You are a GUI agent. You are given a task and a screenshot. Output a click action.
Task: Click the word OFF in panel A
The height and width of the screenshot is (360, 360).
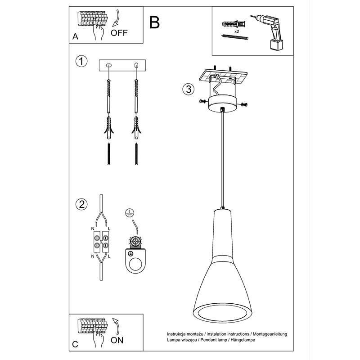point(119,33)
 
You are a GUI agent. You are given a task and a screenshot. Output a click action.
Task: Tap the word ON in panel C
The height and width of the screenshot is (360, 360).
point(117,340)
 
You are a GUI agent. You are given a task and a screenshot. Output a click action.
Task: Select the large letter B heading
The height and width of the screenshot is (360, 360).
point(154,22)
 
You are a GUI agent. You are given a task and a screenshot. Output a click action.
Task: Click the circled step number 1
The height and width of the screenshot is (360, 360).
point(81,61)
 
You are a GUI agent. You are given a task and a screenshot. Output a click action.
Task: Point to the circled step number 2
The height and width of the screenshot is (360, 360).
point(81,204)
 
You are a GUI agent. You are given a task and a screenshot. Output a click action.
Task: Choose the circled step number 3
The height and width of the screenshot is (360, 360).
point(188,89)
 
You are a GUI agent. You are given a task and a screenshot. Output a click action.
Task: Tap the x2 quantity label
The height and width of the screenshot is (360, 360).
point(237,31)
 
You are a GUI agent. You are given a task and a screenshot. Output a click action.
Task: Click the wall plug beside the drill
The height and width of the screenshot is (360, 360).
point(234,24)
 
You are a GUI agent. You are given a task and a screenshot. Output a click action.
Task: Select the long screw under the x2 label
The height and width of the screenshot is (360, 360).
point(235,37)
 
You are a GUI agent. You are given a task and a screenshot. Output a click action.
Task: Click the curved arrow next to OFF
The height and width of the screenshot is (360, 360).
point(117,18)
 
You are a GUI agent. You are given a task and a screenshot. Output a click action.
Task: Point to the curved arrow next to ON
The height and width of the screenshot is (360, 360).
point(116,327)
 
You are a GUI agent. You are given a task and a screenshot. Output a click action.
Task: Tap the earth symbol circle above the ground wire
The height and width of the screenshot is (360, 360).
point(130,212)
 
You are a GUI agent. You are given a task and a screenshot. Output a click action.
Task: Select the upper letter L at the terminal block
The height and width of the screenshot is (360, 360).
point(109,229)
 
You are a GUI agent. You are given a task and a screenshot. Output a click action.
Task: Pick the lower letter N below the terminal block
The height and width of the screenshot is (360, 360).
point(93,256)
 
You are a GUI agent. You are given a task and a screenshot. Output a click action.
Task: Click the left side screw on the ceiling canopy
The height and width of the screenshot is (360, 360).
point(203,101)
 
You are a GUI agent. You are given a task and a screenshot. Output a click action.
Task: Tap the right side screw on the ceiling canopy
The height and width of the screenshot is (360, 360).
point(244,105)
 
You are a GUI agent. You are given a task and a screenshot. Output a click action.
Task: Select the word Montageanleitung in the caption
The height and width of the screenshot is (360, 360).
point(270,334)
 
